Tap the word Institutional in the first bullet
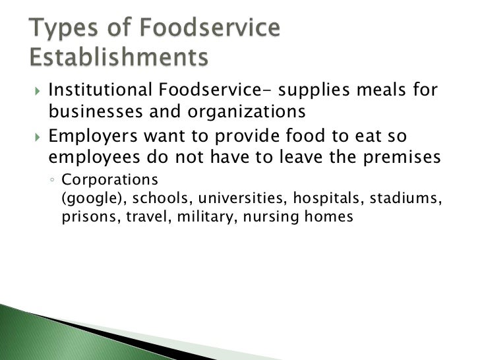pyautogui.click(x=99, y=90)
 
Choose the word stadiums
pyautogui.click(x=406, y=198)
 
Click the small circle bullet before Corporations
pyautogui.click(x=52, y=180)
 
